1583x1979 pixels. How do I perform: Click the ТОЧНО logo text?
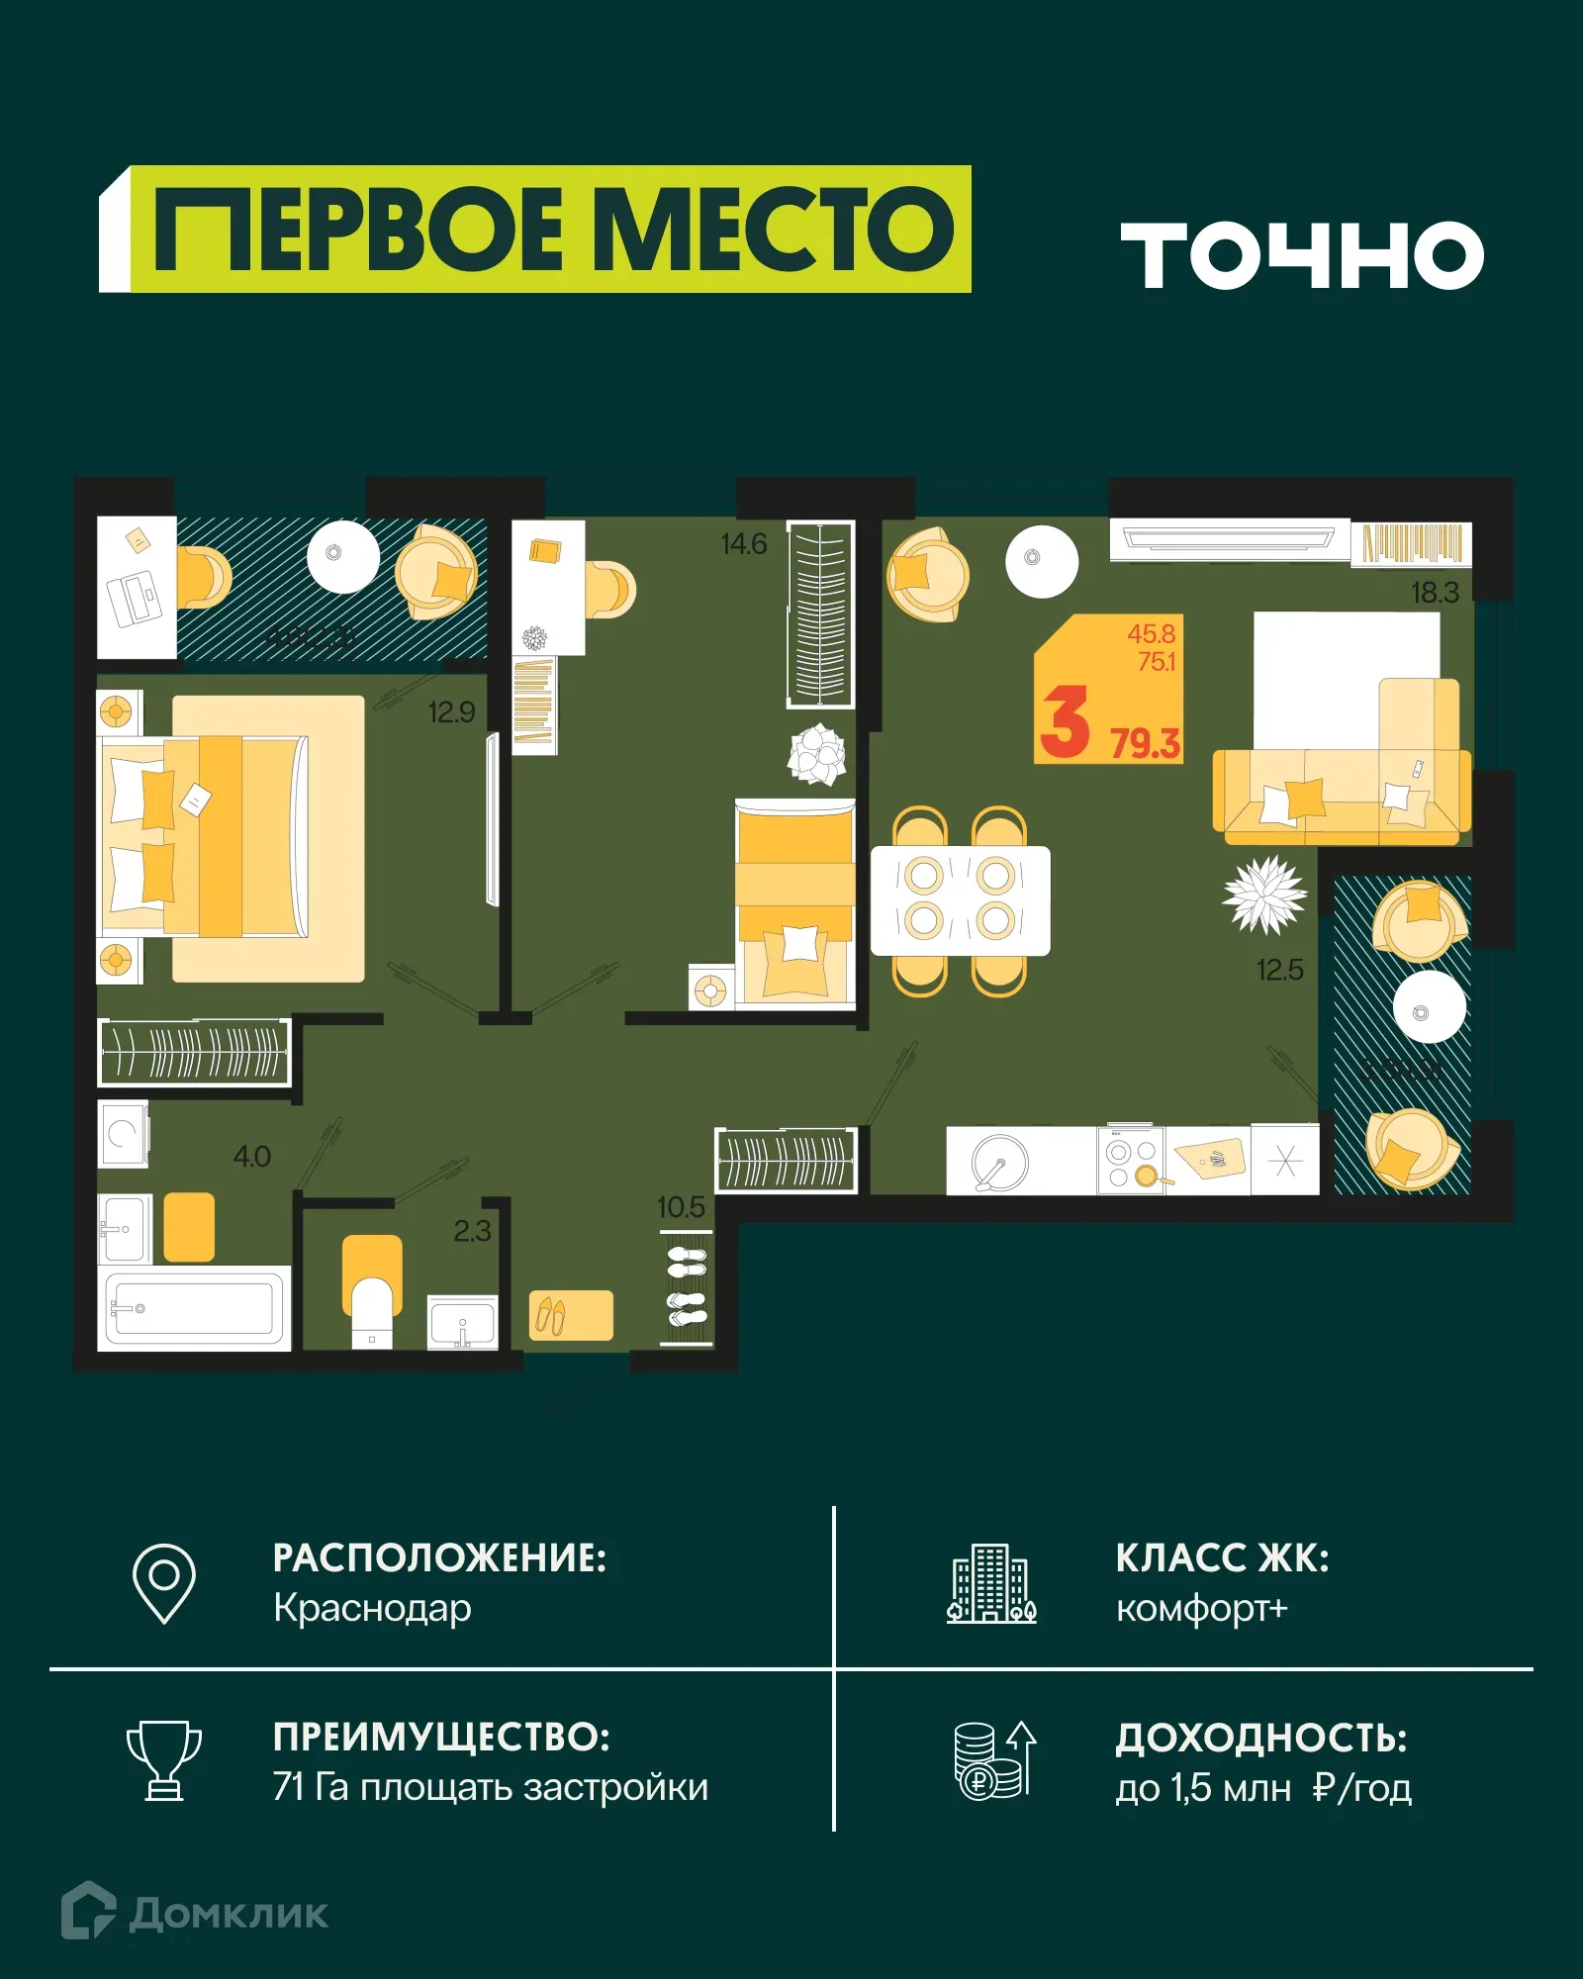[1302, 255]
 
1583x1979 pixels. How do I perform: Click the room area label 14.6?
[743, 544]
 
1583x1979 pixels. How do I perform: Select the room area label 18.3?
[1434, 593]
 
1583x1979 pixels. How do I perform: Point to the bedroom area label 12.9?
[451, 712]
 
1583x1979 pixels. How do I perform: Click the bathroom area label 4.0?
[251, 1157]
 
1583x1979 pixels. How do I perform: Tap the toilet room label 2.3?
[472, 1231]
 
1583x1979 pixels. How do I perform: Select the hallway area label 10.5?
[681, 1207]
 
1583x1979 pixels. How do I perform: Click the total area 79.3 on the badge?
[1145, 743]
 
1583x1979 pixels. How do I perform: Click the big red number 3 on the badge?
[1066, 723]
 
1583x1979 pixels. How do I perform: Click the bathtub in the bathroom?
[193, 1308]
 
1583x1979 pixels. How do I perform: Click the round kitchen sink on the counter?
[999, 1161]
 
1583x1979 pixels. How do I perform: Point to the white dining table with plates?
[960, 900]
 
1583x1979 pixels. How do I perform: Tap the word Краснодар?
[372, 1608]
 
